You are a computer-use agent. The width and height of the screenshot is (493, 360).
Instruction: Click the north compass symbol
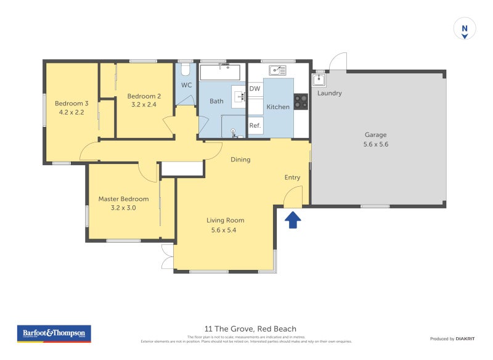(x=465, y=29)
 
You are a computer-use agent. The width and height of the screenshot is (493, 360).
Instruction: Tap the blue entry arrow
(x=293, y=219)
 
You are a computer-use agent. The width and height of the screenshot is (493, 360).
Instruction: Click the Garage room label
(x=375, y=135)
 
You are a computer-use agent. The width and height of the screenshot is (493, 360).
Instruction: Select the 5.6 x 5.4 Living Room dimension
(x=226, y=230)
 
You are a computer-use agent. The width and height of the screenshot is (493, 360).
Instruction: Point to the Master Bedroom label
(x=123, y=199)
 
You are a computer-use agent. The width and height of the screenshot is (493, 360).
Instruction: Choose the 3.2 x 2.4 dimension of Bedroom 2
(x=144, y=105)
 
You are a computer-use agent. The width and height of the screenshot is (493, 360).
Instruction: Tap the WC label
(x=187, y=85)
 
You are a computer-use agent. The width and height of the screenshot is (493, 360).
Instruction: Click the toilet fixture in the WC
(x=185, y=67)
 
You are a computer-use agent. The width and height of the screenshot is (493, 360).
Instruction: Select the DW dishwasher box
(x=255, y=89)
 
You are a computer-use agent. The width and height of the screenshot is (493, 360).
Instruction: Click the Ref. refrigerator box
(x=255, y=126)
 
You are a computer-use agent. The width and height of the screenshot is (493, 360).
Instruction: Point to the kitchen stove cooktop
(x=301, y=101)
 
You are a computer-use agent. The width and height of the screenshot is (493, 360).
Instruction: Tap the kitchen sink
(x=277, y=70)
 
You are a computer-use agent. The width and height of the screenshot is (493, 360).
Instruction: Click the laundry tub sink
(x=319, y=80)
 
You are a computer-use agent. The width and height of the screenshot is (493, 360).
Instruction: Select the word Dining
(x=240, y=160)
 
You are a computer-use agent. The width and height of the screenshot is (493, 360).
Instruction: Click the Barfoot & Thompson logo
(x=54, y=333)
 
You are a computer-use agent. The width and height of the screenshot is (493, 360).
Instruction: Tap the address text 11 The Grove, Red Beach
(x=250, y=329)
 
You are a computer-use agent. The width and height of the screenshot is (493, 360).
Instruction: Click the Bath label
(x=216, y=101)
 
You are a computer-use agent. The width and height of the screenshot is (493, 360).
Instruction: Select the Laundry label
(x=329, y=94)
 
